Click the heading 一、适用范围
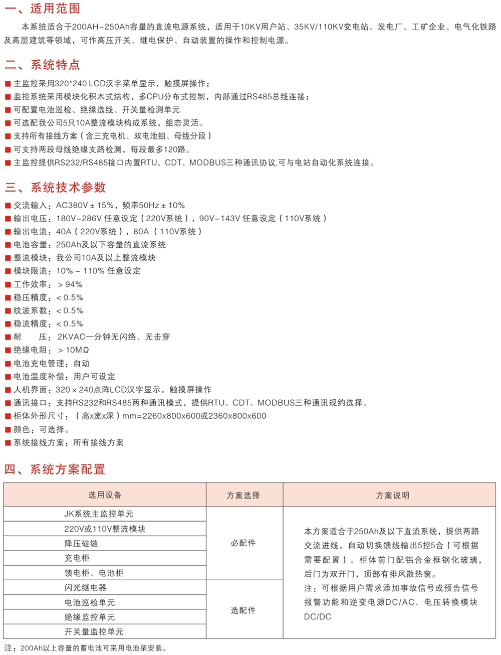[x=42, y=9]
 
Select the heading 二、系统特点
[x=42, y=65]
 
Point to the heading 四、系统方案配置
[x=55, y=469]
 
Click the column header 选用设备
[x=105, y=495]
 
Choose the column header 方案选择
[x=243, y=496]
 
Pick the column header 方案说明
[x=393, y=496]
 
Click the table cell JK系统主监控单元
[x=98, y=514]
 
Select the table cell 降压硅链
[x=81, y=543]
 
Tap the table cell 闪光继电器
[x=85, y=587]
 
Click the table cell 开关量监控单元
[x=94, y=631]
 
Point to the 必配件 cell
[x=243, y=543]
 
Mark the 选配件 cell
[x=243, y=610]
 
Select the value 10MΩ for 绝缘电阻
[x=77, y=350]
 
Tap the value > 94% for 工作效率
[x=70, y=284]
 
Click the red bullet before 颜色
[x=8, y=430]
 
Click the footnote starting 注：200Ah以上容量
[x=85, y=648]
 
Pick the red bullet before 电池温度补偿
[x=8, y=377]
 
